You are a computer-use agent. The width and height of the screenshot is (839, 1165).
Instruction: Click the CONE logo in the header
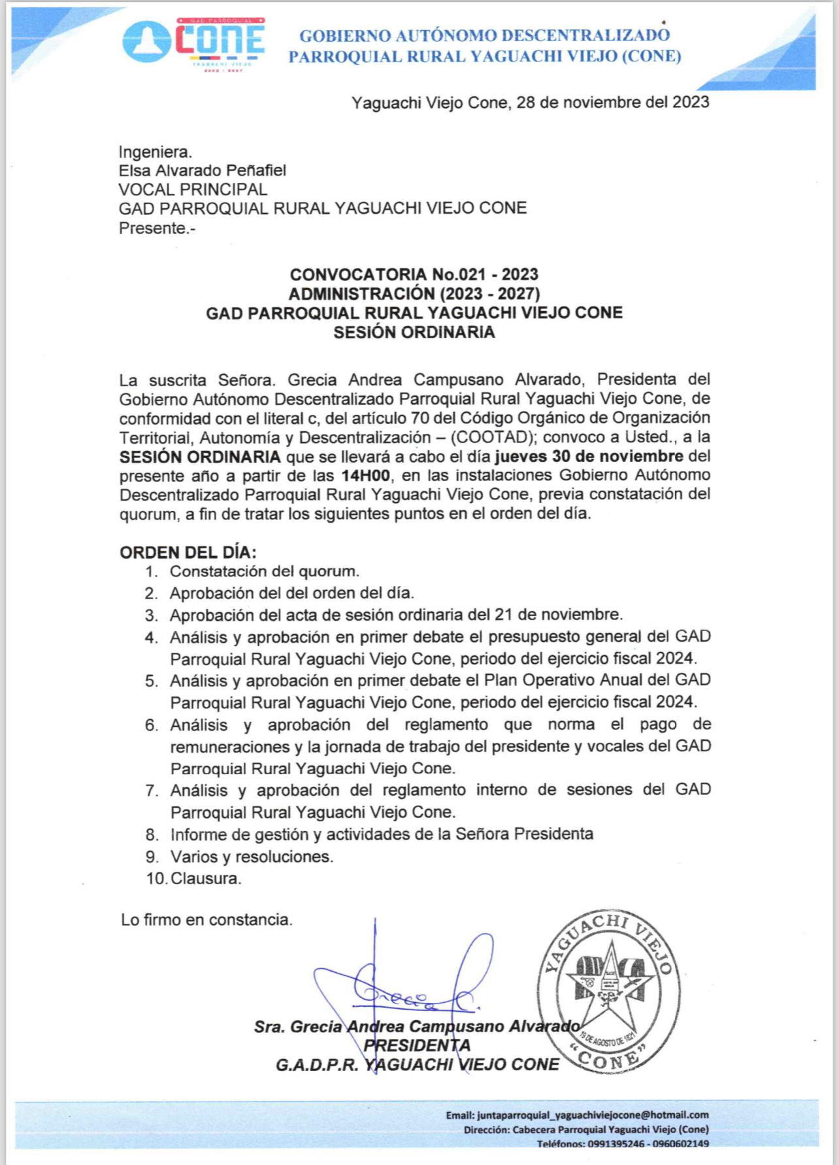pyautogui.click(x=193, y=42)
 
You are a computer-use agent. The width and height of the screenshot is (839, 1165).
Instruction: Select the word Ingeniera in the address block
pyautogui.click(x=155, y=152)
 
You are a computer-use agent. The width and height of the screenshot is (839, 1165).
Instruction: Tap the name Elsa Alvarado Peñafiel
pyautogui.click(x=202, y=171)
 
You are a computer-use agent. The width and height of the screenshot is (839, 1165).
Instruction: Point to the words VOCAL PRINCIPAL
pyautogui.click(x=193, y=189)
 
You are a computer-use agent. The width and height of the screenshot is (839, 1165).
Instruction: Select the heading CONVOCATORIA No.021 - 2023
pyautogui.click(x=414, y=274)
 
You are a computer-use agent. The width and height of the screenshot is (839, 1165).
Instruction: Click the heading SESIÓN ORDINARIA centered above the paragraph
pyautogui.click(x=414, y=332)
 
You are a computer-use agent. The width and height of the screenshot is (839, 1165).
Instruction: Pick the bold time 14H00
pyautogui.click(x=365, y=475)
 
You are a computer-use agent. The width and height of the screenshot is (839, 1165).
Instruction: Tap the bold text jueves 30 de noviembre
pyautogui.click(x=589, y=456)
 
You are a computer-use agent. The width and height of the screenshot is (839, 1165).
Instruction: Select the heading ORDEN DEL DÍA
pyautogui.click(x=188, y=552)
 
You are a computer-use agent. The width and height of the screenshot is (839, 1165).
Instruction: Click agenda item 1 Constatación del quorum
pyautogui.click(x=264, y=572)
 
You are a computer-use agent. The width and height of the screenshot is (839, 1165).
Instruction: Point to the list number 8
pyautogui.click(x=152, y=834)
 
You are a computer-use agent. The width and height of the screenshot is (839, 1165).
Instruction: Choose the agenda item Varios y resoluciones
pyautogui.click(x=252, y=857)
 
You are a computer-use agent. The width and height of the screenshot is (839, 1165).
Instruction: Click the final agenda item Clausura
pyautogui.click(x=205, y=878)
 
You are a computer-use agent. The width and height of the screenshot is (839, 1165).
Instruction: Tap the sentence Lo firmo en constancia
pyautogui.click(x=206, y=920)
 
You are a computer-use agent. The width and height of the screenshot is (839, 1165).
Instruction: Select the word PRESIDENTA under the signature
pyautogui.click(x=417, y=1045)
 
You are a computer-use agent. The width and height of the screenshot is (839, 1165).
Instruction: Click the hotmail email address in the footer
pyautogui.click(x=593, y=1115)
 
